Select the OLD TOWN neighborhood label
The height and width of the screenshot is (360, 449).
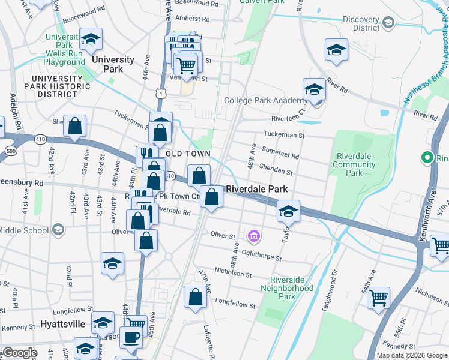point(188,154)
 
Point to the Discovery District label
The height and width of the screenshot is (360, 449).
point(362,23)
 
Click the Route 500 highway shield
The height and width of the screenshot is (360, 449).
point(10,150)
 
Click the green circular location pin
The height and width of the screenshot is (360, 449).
point(427,158)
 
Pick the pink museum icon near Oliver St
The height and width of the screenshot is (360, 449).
point(254,236)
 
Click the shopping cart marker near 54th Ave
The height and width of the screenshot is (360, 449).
point(378,297)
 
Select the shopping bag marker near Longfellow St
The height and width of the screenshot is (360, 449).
point(196,297)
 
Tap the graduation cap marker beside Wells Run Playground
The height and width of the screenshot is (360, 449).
point(91,40)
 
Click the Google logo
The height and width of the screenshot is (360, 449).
point(19,353)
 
